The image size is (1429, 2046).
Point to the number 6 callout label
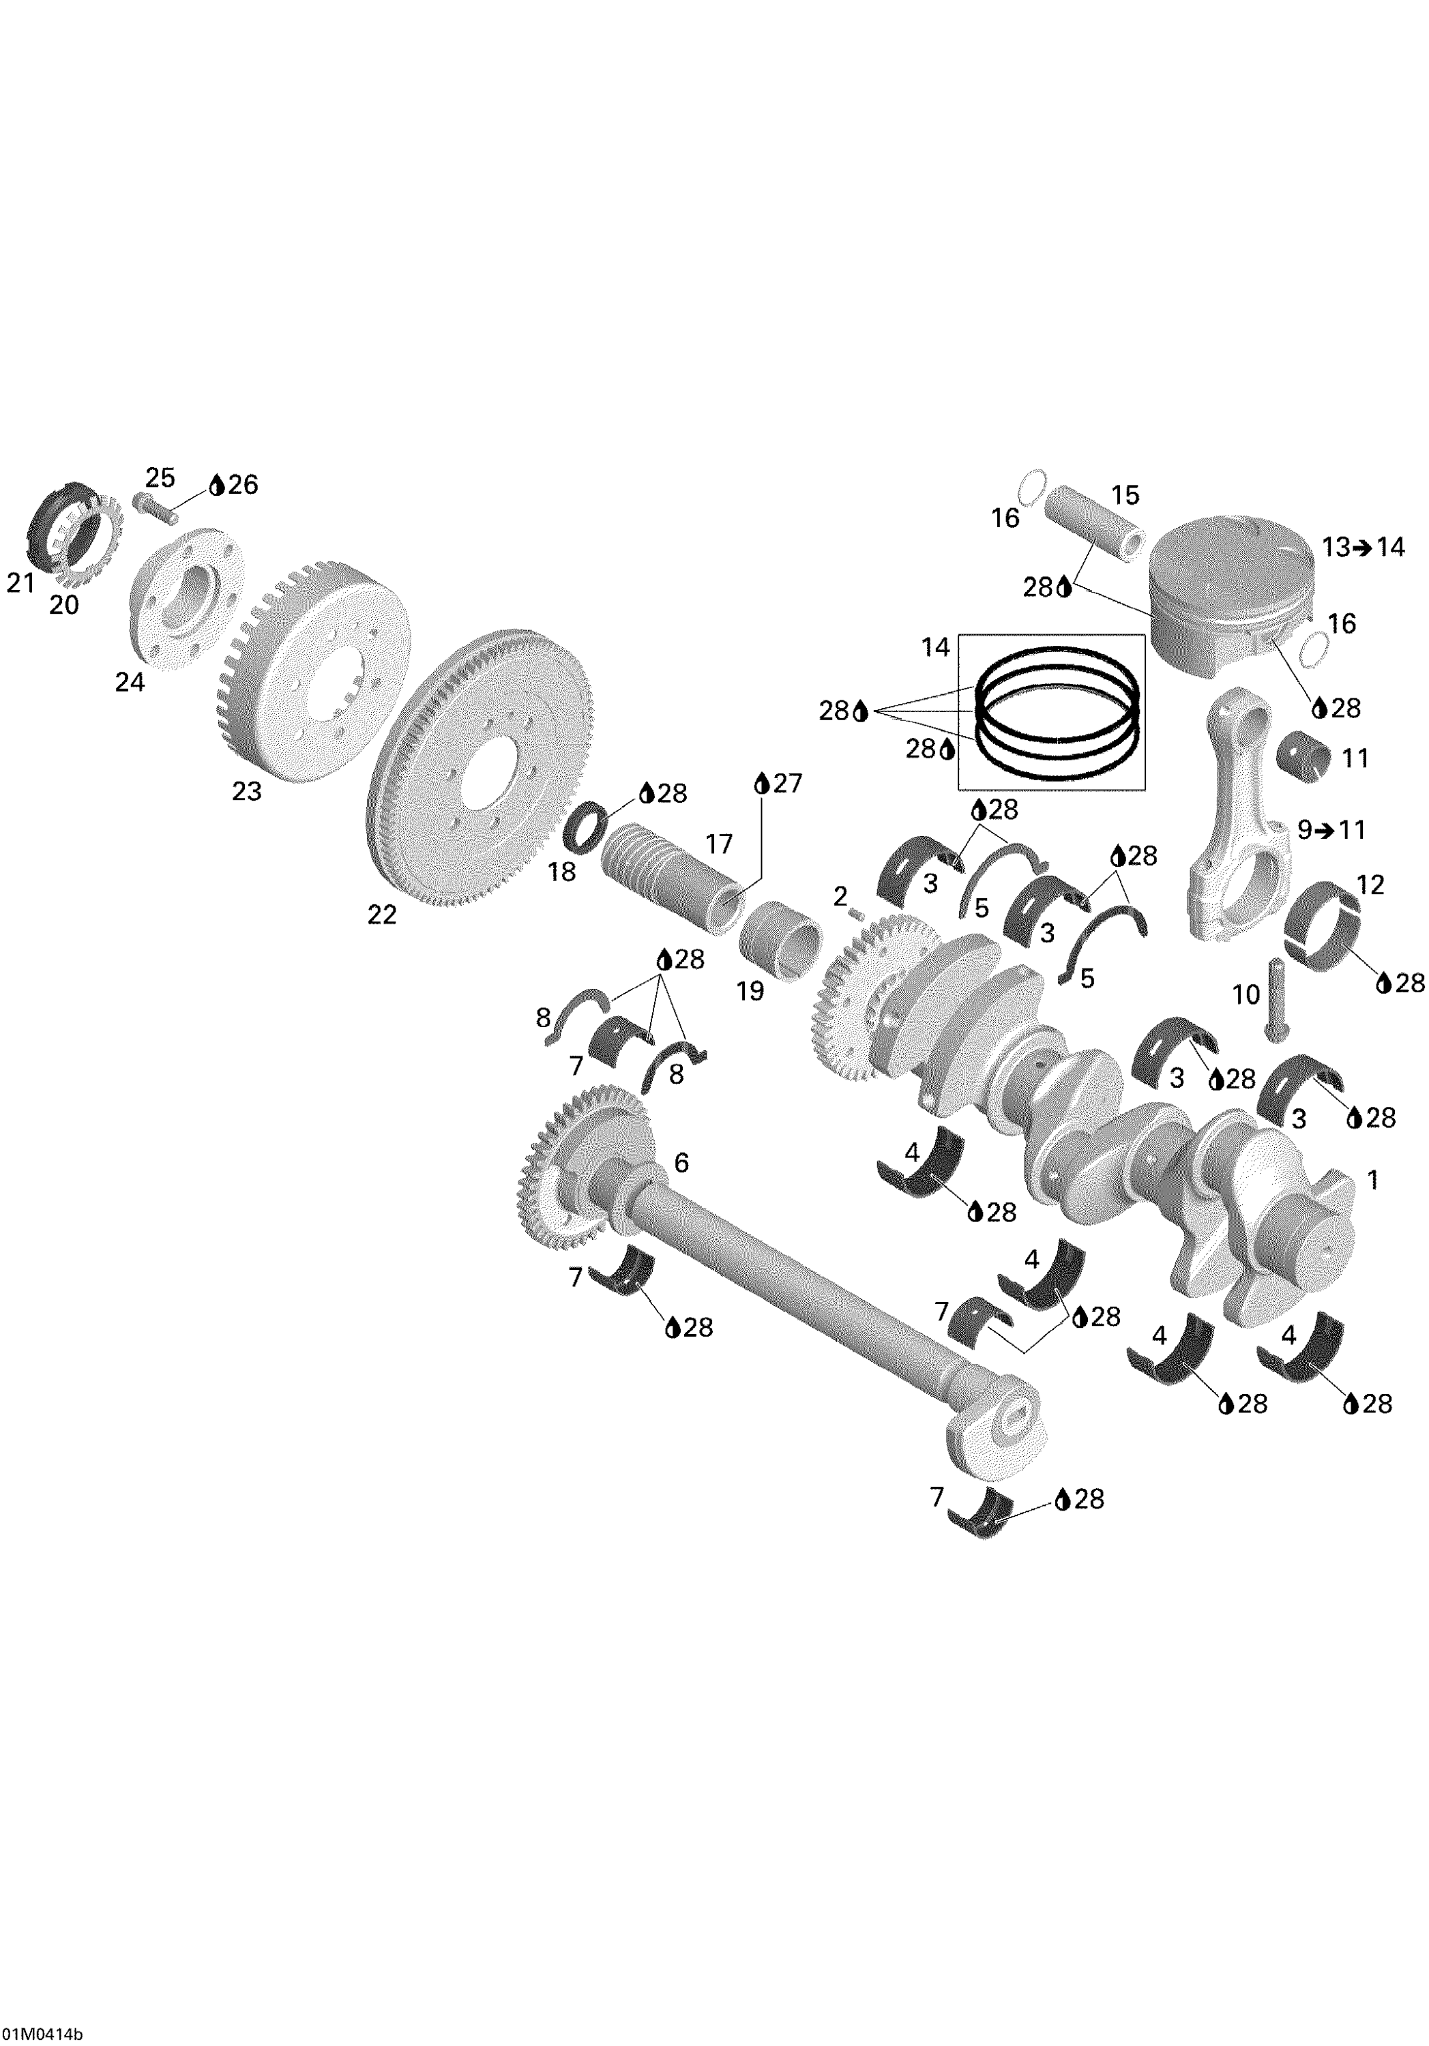coord(681,1162)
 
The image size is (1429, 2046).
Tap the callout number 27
coord(788,784)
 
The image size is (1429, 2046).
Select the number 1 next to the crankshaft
coord(1373,1180)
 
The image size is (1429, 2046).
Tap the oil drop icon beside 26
coord(216,485)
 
